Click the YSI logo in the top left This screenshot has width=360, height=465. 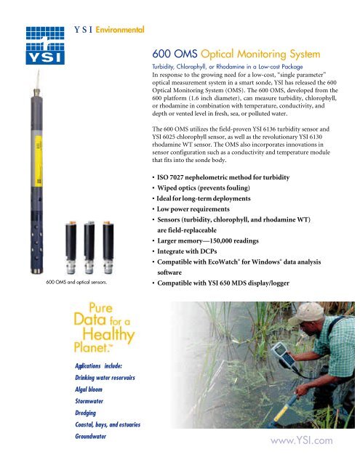pyautogui.click(x=30, y=46)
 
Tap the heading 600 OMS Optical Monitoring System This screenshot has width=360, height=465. pyautogui.click(x=244, y=53)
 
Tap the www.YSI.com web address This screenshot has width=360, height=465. pyautogui.click(x=301, y=439)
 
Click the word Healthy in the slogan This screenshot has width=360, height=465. pyautogui.click(x=106, y=336)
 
